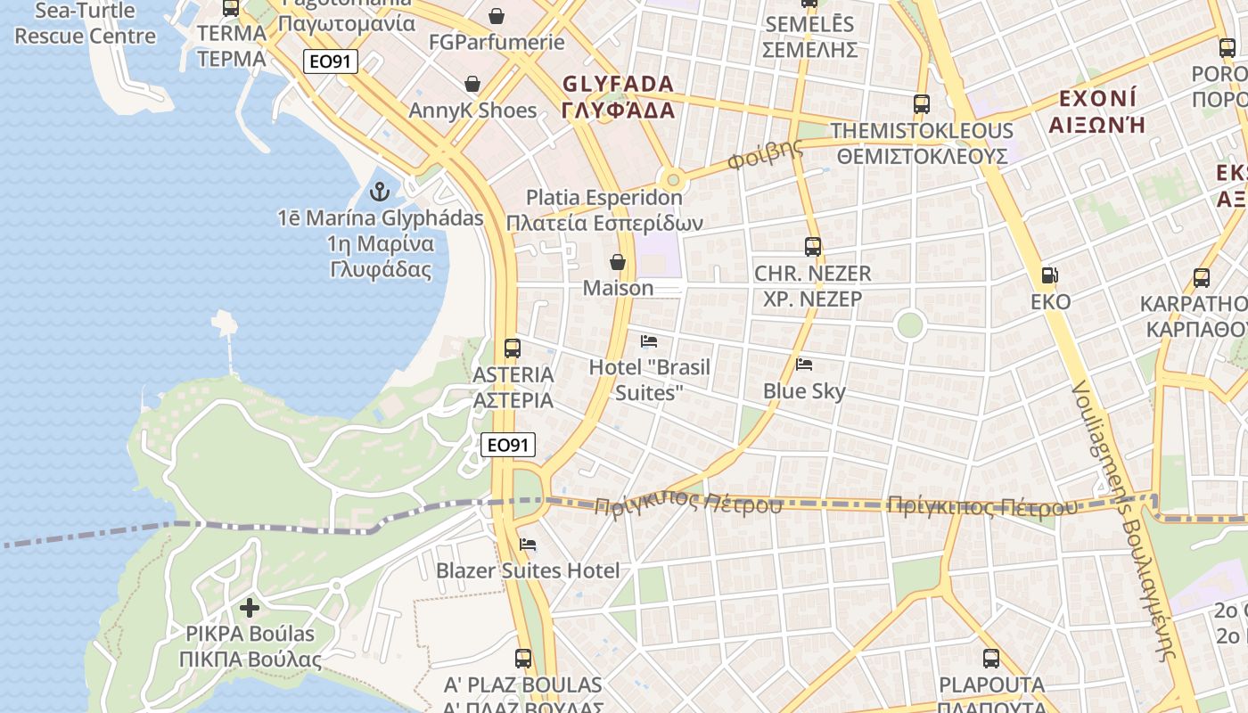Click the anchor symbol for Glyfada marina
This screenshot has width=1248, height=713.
[x=381, y=192]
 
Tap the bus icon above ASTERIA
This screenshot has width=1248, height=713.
[x=513, y=348]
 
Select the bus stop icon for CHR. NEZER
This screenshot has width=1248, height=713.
[x=812, y=247]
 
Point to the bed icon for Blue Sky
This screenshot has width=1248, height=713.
[x=804, y=365]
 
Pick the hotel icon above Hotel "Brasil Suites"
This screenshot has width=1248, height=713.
[x=649, y=341]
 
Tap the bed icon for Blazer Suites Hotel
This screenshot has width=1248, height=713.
[x=528, y=545]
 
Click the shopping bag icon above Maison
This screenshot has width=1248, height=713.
[x=617, y=262]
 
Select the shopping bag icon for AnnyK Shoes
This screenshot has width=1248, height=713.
[x=472, y=85]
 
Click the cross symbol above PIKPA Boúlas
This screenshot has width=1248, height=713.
[x=250, y=608]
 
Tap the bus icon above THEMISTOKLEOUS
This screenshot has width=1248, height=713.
[x=922, y=104]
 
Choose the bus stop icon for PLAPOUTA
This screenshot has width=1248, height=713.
[x=991, y=659]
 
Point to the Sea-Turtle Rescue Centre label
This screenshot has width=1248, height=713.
[x=86, y=24]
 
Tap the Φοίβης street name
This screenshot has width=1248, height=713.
[x=765, y=155]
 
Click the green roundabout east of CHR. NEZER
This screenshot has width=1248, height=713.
[x=909, y=324]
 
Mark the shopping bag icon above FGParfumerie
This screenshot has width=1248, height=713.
[x=497, y=16]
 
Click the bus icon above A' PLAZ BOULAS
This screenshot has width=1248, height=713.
[x=523, y=659]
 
